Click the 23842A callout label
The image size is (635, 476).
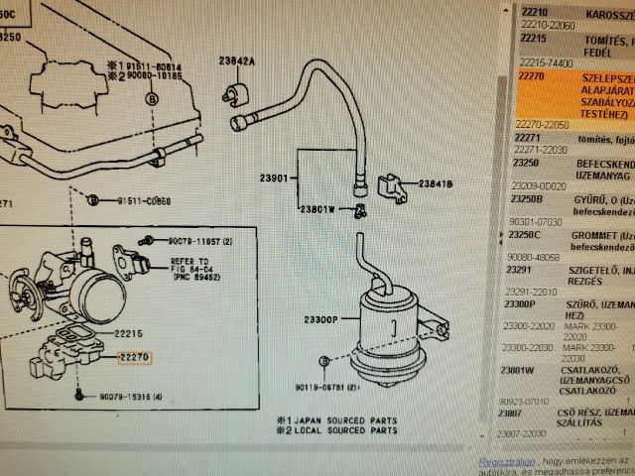point(237,61)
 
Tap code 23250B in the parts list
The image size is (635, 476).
point(527,197)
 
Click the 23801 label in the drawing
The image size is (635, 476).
point(274,178)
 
